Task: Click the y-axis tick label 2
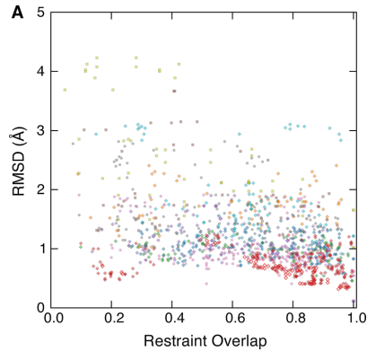(x=42, y=189)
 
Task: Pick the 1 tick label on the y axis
(x=42, y=249)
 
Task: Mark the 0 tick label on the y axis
(x=42, y=307)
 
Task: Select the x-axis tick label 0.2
(x=114, y=319)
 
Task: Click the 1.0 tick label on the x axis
(x=353, y=319)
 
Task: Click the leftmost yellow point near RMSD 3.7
(x=65, y=90)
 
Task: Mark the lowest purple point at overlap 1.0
(x=354, y=302)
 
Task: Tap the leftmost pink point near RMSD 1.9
(x=79, y=195)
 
